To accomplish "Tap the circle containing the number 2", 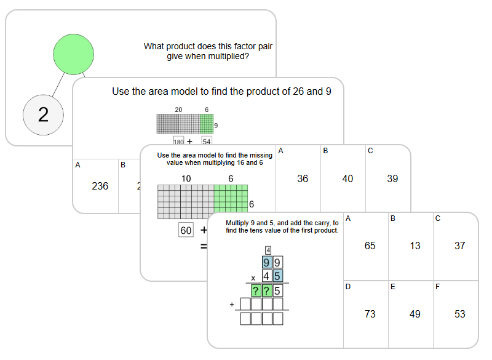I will [x=43, y=115].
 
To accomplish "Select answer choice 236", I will [x=100, y=186].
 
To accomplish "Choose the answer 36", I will [x=303, y=178].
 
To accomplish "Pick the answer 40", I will [x=347, y=178].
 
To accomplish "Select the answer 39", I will [x=392, y=178].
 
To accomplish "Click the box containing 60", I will [x=186, y=230].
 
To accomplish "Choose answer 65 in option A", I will [x=370, y=246].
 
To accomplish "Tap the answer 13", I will [x=415, y=246].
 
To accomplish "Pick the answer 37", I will [x=459, y=246].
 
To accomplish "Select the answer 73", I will [x=370, y=314].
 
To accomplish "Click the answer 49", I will [x=415, y=314].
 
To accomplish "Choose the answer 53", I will [x=459, y=314].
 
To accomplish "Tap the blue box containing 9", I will [x=267, y=263].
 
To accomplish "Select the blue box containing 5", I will [x=278, y=276].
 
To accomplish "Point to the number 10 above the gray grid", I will [x=186, y=178].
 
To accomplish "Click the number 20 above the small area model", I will [x=178, y=110].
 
